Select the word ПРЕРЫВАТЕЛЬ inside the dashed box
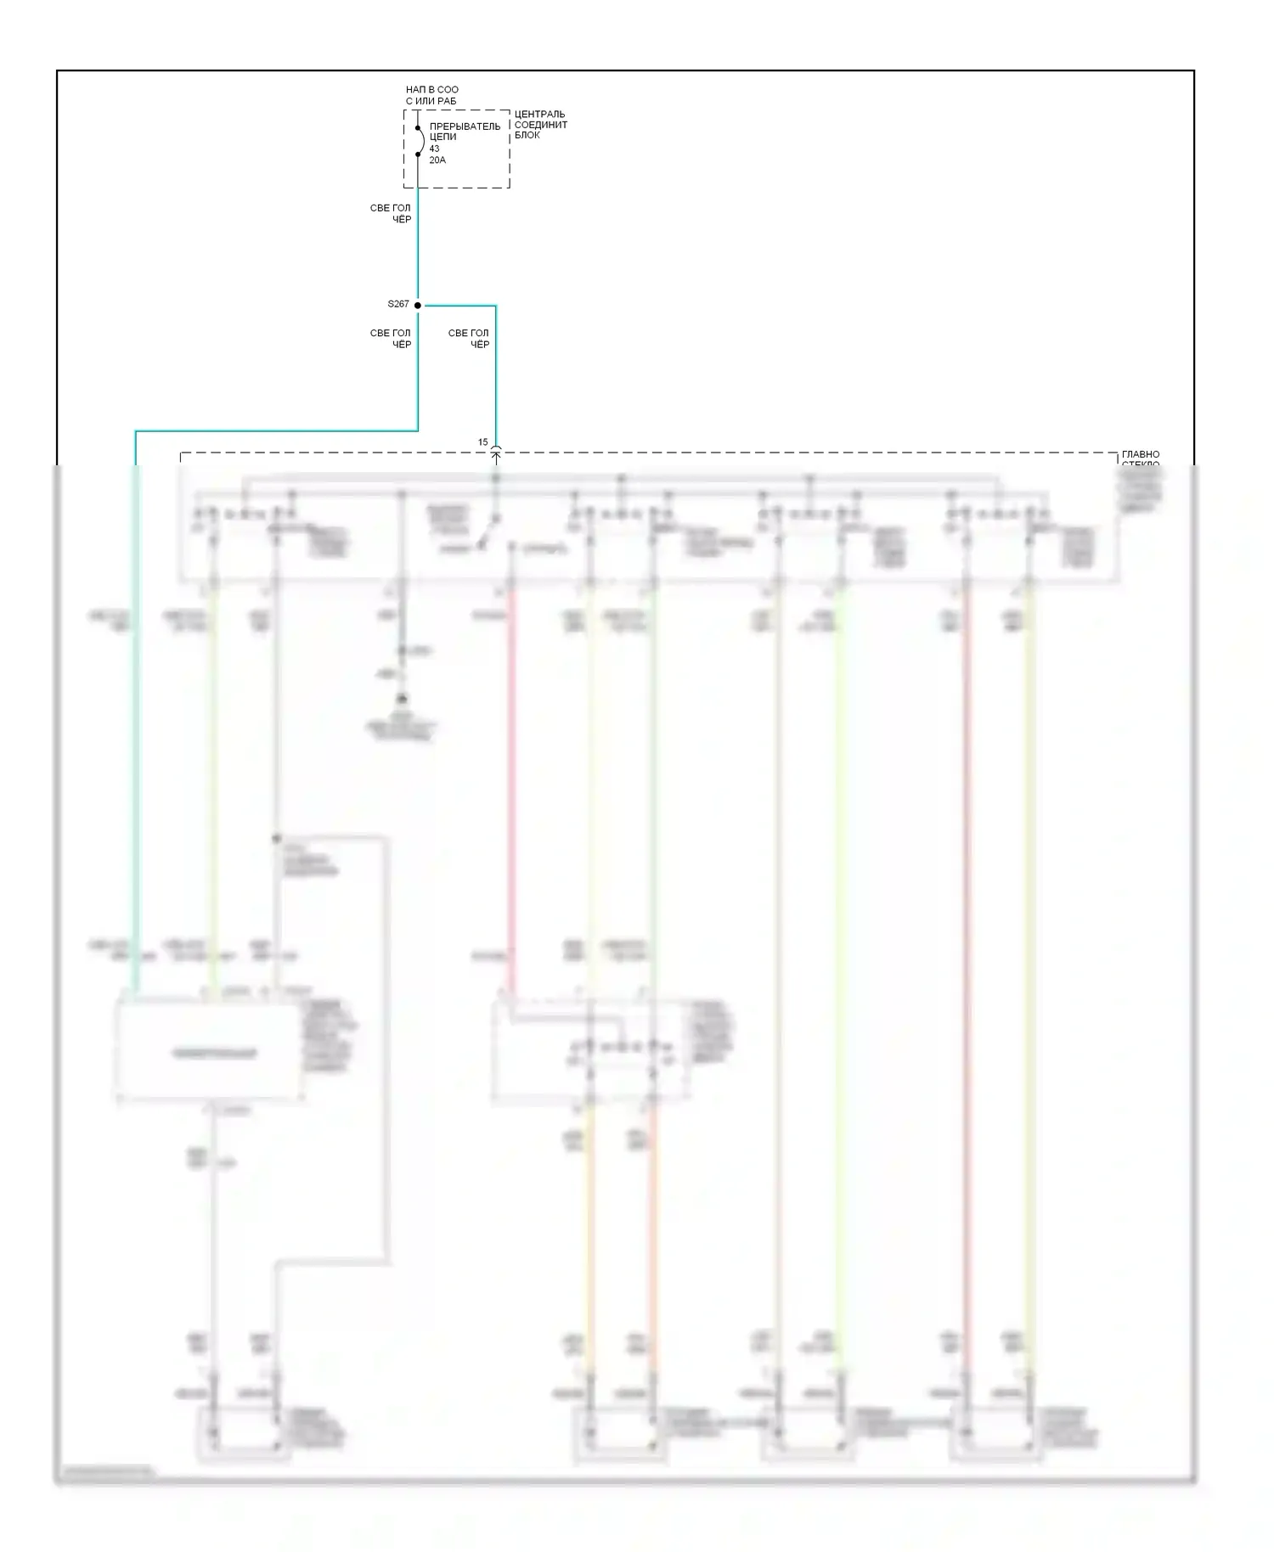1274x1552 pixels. tap(465, 127)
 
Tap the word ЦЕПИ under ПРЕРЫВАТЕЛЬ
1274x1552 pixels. tap(443, 137)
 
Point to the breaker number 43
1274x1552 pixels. tap(434, 149)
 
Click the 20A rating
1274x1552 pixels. tap(437, 160)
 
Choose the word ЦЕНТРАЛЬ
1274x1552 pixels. tap(539, 115)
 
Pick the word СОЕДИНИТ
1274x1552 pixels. tap(540, 125)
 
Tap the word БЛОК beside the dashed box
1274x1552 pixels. tap(527, 136)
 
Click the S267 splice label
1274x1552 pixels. tap(397, 304)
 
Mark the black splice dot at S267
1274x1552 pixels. tap(418, 305)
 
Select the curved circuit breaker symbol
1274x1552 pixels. tap(419, 141)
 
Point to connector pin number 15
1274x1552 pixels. tap(482, 442)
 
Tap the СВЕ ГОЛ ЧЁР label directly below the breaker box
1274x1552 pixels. tap(391, 213)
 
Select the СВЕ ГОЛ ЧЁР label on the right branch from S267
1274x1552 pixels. tap(469, 339)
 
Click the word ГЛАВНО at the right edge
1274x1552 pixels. tap(1140, 455)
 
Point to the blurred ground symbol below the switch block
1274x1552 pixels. tap(402, 700)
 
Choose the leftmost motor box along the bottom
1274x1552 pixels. tap(245, 1435)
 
